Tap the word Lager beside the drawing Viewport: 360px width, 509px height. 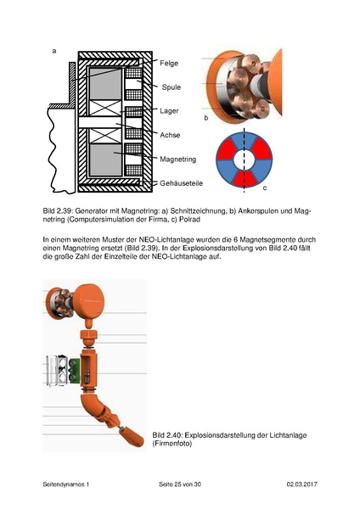169,110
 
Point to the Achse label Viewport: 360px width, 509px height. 171,134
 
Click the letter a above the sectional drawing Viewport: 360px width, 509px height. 54,51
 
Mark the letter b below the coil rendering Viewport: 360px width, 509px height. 205,118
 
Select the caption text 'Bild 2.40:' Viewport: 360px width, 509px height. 167,435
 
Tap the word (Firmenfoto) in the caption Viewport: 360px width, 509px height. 173,445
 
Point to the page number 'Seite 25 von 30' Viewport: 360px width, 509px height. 184,484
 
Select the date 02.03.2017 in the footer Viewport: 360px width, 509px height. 303,484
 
